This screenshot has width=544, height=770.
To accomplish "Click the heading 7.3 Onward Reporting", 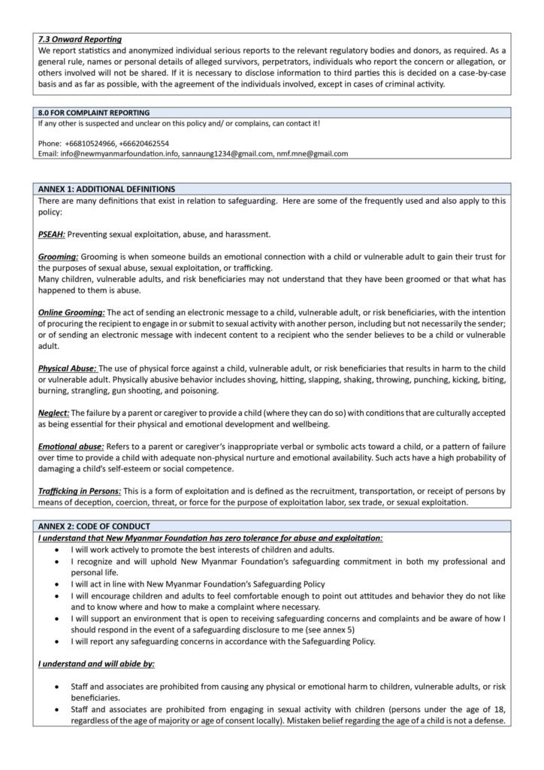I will click(x=80, y=39).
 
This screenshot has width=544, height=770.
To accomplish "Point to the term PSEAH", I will click(x=52, y=234).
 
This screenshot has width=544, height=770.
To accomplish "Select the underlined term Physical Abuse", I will click(x=67, y=368).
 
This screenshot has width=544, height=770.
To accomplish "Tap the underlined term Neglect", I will click(x=53, y=413).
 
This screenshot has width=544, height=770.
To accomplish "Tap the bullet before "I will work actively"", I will click(x=59, y=550).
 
